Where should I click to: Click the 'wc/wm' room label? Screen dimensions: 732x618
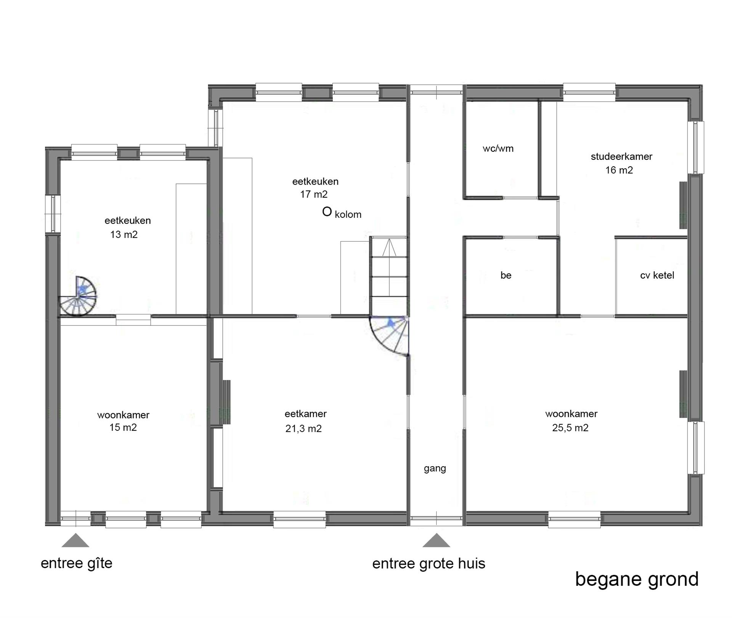coord(498,149)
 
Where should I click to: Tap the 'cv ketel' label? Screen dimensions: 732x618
coord(657,275)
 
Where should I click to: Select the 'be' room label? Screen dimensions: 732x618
coord(506,275)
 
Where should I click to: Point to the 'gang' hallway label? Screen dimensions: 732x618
coord(435,468)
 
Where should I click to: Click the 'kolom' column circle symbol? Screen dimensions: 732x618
coord(327,212)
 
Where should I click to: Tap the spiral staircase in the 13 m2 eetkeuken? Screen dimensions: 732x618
coord(77,296)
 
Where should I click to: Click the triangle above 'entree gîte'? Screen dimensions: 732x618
coord(75,540)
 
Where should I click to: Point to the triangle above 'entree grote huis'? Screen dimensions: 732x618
coord(436,540)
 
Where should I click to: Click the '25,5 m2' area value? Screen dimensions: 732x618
coord(570,428)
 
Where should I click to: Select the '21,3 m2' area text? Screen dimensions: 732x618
coord(303,429)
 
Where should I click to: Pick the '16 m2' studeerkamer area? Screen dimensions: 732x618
coord(619,170)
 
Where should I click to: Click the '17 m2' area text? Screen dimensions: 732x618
coord(314,195)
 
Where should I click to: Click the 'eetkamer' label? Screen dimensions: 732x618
coord(306,414)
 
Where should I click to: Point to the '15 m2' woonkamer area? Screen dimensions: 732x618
coord(123,428)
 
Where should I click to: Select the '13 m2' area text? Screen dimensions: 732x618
coord(124,235)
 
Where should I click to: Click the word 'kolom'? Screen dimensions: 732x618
coord(348,214)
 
